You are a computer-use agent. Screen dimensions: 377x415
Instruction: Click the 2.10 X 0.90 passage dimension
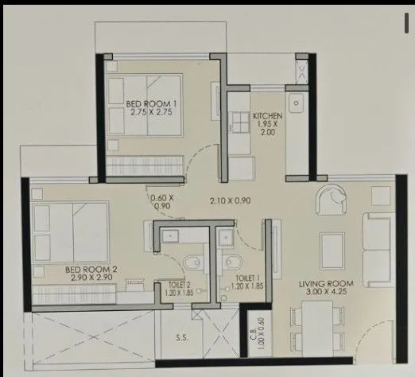pyautogui.click(x=231, y=200)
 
